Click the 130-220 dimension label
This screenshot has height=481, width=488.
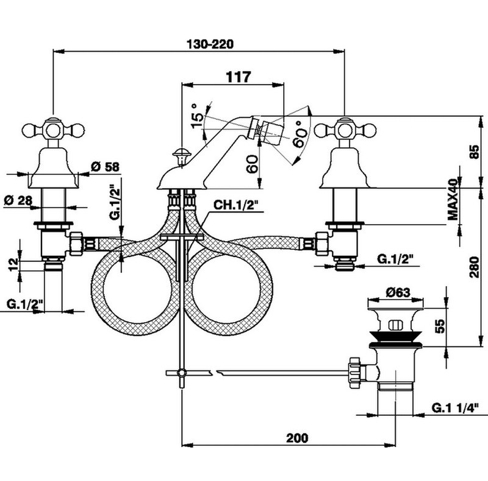[x=210, y=44]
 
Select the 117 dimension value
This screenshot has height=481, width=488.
[x=238, y=77]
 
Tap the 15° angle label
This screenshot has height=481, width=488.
[x=197, y=116]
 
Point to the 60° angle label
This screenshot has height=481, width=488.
[x=300, y=133]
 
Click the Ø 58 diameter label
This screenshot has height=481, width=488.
[x=105, y=167]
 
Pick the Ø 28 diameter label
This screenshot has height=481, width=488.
[x=18, y=200]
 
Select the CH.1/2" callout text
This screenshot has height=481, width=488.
[x=236, y=205]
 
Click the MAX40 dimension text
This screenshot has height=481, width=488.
[x=453, y=199]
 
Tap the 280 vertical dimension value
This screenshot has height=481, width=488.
[x=475, y=267]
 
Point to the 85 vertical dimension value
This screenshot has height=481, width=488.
[x=475, y=152]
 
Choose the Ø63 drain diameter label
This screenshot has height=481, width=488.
[x=398, y=292]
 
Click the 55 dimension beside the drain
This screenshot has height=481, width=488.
[x=439, y=326]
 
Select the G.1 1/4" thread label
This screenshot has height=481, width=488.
[x=454, y=408]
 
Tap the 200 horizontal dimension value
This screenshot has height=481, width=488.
[x=297, y=438]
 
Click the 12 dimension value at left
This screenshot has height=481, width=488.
[x=13, y=264]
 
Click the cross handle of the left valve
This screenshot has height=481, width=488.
[x=54, y=130]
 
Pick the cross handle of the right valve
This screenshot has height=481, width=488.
[x=345, y=130]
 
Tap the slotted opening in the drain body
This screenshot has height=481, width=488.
[x=395, y=325]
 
